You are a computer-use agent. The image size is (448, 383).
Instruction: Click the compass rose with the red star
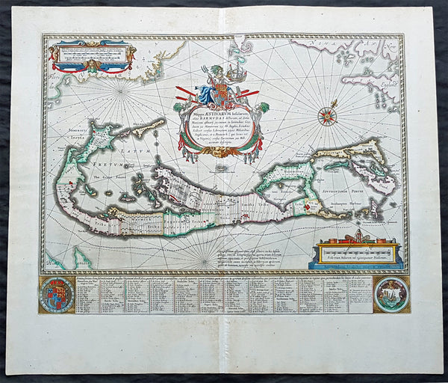point(326,117)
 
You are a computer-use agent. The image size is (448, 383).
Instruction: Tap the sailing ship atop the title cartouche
point(236,74)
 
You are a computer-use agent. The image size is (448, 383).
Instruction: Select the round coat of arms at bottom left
point(57,294)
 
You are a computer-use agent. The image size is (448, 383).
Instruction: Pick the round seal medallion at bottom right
point(391,294)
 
